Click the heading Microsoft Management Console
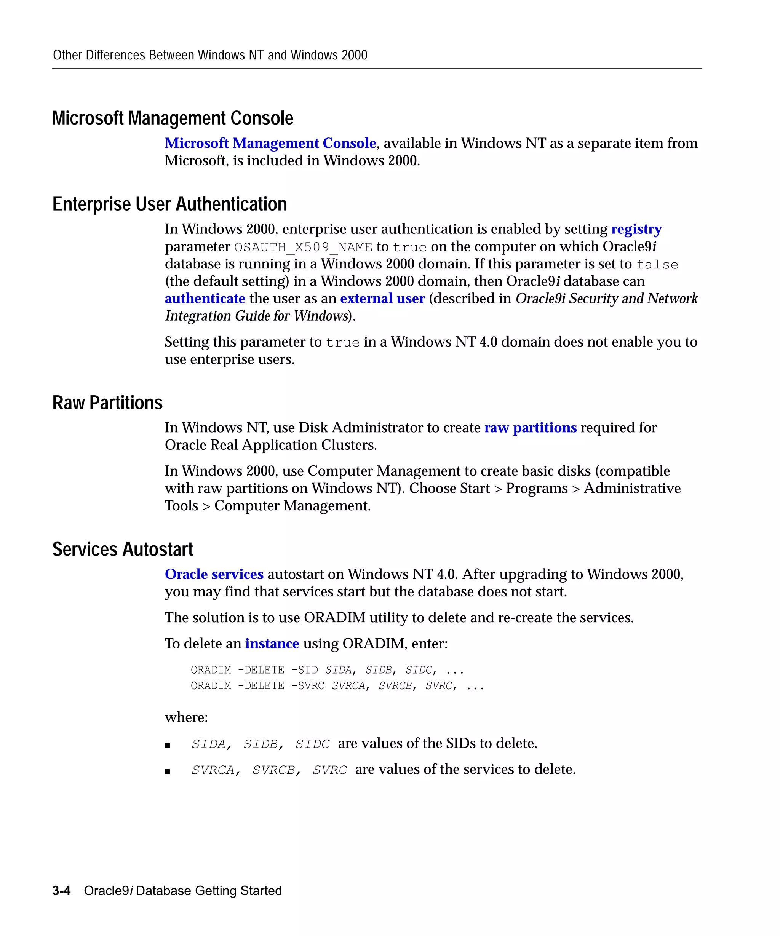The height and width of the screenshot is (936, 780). (173, 118)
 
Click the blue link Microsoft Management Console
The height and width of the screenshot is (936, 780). (270, 143)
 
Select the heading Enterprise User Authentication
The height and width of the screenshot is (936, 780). (169, 204)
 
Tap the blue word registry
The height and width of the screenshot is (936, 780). (636, 229)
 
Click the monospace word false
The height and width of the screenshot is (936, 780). (657, 265)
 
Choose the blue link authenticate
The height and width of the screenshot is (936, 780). (205, 299)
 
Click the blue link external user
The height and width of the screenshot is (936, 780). (382, 299)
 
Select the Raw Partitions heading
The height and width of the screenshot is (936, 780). (107, 403)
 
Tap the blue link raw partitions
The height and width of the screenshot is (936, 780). (531, 428)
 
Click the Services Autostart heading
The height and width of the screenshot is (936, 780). (123, 549)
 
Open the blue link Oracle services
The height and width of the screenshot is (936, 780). (214, 575)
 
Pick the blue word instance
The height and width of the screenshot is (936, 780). (272, 644)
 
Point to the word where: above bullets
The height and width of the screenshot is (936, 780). (186, 717)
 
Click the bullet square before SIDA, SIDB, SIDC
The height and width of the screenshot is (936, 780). (168, 745)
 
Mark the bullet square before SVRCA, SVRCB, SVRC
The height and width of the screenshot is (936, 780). (168, 771)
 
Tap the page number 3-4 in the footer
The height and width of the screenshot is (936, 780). (61, 891)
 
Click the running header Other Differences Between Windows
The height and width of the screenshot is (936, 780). (210, 55)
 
